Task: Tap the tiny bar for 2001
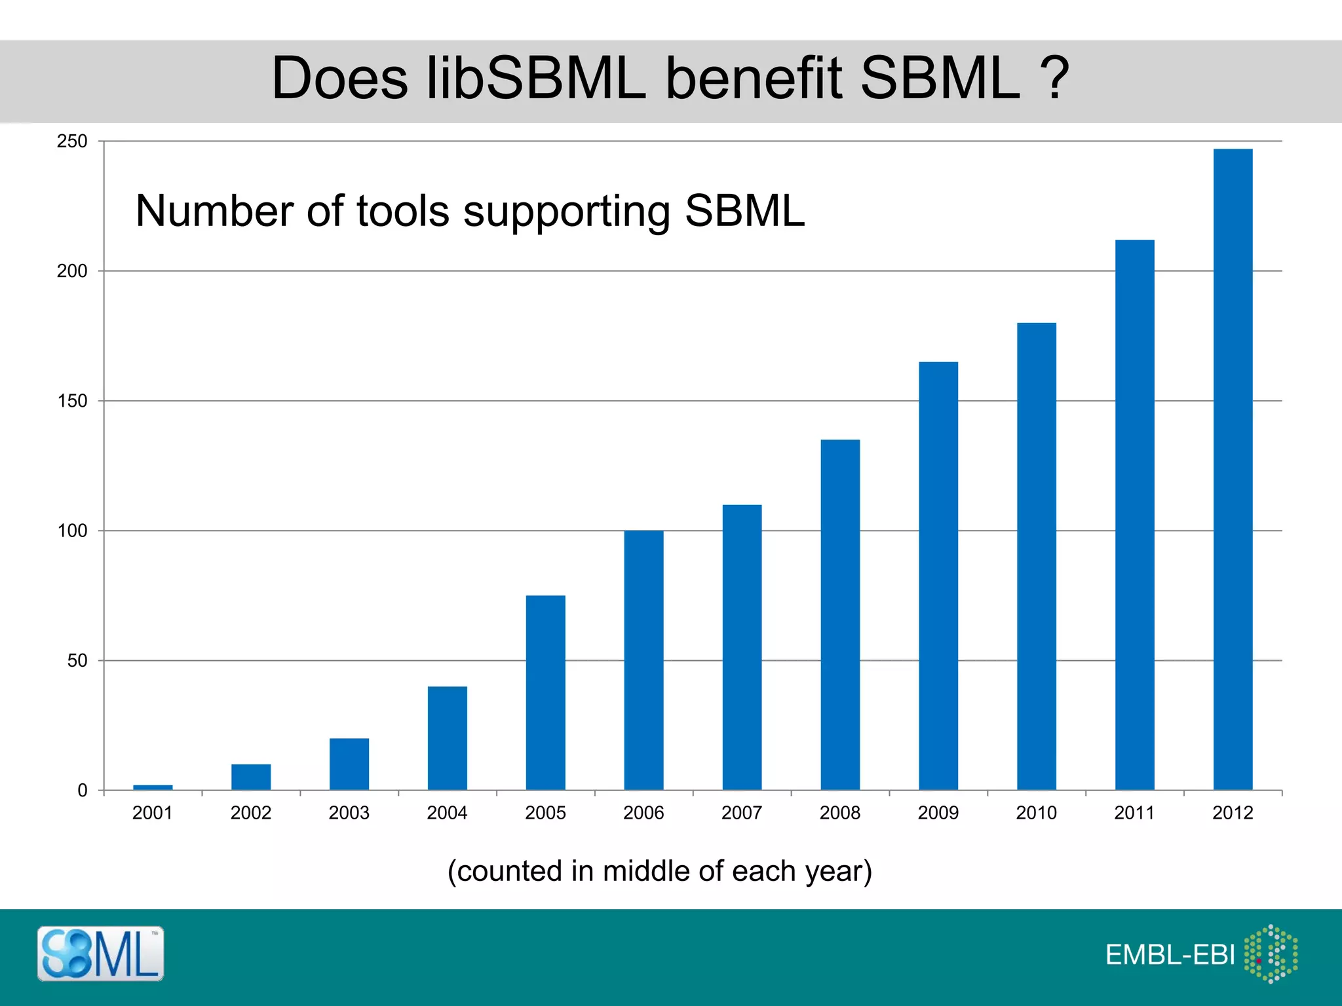153,787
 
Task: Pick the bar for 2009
938,576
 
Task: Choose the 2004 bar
448,738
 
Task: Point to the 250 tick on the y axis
72,141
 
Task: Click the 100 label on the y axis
72,531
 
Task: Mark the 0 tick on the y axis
82,791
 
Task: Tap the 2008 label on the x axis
839,813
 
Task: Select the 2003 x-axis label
349,813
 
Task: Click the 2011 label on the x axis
1134,813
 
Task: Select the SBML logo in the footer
100,954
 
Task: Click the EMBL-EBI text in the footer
1170,955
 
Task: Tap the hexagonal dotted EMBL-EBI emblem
1271,954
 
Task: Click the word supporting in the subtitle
567,212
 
